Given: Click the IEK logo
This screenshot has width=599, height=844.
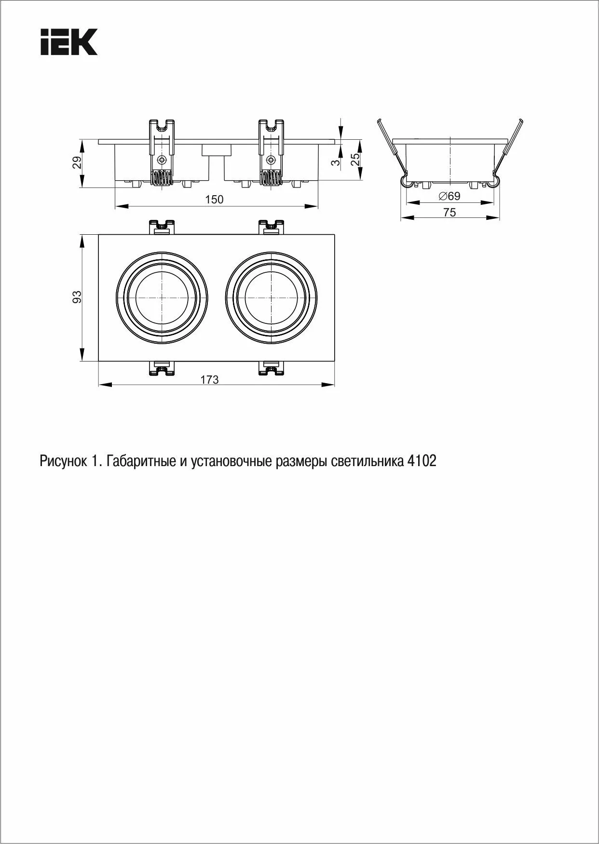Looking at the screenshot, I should [x=69, y=42].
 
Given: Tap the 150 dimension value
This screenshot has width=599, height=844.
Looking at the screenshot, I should [x=214, y=200].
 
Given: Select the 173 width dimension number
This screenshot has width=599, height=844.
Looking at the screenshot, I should [x=209, y=380].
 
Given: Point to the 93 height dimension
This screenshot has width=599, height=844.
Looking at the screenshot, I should [x=77, y=297].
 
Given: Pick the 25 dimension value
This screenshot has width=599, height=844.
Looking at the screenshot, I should [x=355, y=160].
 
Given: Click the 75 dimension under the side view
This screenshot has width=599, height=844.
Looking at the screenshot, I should [x=449, y=213].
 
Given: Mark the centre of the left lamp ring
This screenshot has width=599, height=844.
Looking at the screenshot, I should [x=162, y=296].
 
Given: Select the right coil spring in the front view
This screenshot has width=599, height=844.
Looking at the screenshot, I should [x=271, y=179].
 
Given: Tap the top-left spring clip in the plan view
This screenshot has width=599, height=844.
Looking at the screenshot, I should [x=162, y=227].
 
